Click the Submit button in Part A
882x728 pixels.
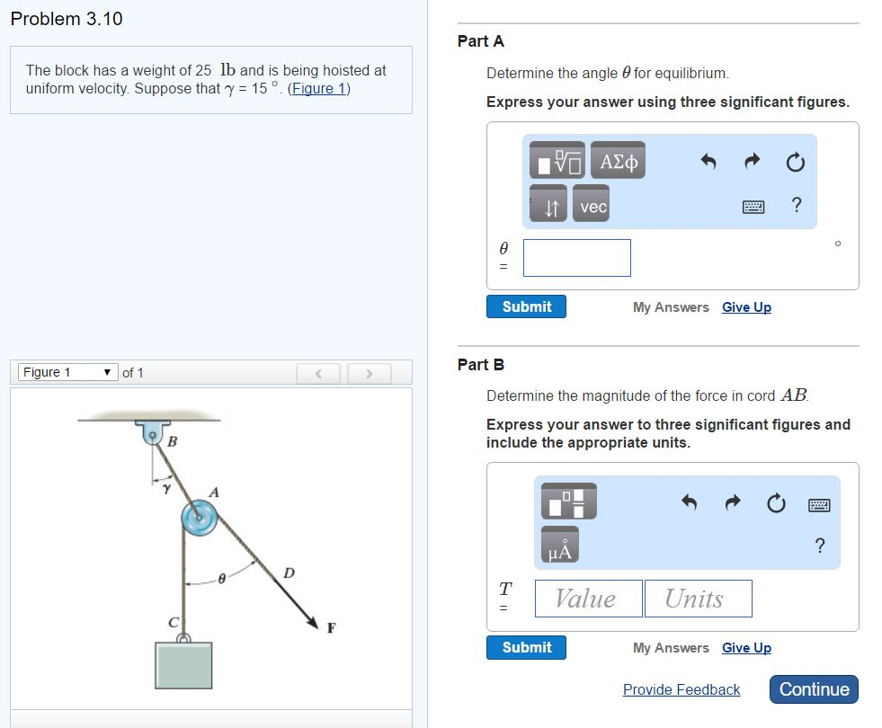point(526,306)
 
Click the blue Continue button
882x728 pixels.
point(814,689)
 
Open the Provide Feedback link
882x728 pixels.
point(681,689)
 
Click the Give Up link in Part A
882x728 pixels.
point(746,307)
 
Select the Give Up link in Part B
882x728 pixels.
point(746,648)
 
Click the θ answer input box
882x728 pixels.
point(576,258)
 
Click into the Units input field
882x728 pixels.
point(698,599)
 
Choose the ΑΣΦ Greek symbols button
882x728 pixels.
point(619,162)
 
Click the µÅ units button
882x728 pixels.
point(559,546)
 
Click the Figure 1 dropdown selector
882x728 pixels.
point(68,372)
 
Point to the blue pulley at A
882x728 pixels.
point(199,518)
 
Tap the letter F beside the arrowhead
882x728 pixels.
point(332,627)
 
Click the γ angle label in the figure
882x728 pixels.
point(165,488)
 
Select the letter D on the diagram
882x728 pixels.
point(288,573)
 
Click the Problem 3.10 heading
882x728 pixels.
point(67,19)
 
